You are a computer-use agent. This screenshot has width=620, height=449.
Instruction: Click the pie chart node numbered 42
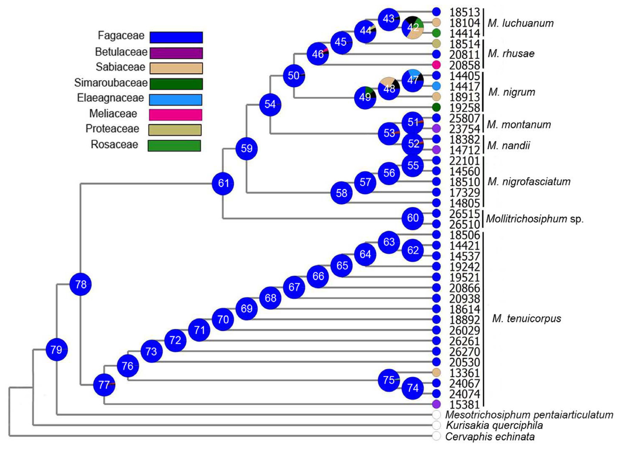413,28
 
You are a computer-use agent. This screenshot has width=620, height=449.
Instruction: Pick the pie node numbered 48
389,88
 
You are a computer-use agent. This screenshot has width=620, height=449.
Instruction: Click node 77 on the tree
104,385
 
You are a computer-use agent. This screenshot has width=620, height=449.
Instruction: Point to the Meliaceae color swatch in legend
175,115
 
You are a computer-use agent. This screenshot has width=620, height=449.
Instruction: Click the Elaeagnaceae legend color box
175,100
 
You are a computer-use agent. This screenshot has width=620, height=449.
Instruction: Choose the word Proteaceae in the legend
112,129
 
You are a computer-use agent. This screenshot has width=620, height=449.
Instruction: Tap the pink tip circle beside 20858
437,65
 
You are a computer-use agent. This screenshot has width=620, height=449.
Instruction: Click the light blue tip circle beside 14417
437,86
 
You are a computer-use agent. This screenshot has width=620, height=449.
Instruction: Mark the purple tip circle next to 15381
437,404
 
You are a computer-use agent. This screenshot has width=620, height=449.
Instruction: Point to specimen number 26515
465,214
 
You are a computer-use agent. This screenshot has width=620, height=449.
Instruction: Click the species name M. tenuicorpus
526,319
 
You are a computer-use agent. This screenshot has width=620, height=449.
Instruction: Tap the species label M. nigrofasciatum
529,182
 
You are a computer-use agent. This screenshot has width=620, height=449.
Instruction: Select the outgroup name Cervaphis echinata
490,437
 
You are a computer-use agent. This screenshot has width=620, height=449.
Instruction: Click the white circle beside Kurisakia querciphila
437,425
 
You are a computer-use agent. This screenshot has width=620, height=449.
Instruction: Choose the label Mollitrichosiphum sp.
535,219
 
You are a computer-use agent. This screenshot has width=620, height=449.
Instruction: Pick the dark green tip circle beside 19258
437,107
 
